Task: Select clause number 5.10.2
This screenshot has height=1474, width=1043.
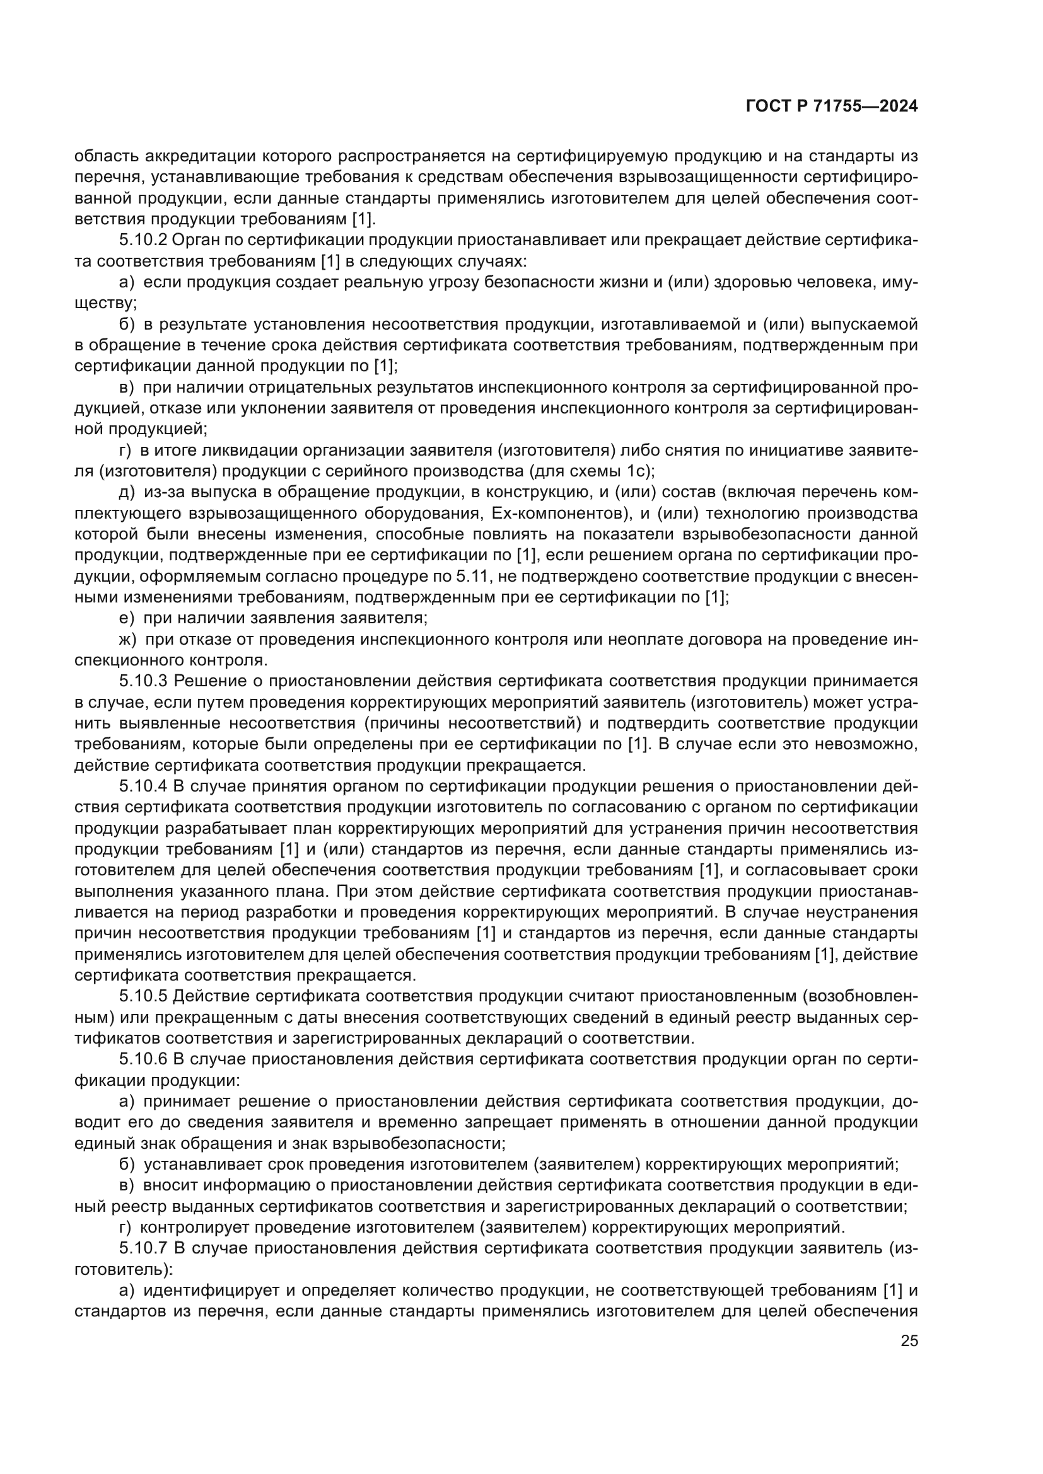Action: tap(143, 240)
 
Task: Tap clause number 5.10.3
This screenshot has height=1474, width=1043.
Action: tap(143, 681)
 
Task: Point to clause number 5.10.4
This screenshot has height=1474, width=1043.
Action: tap(143, 786)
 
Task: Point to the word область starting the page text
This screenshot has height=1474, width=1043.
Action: tap(106, 156)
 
